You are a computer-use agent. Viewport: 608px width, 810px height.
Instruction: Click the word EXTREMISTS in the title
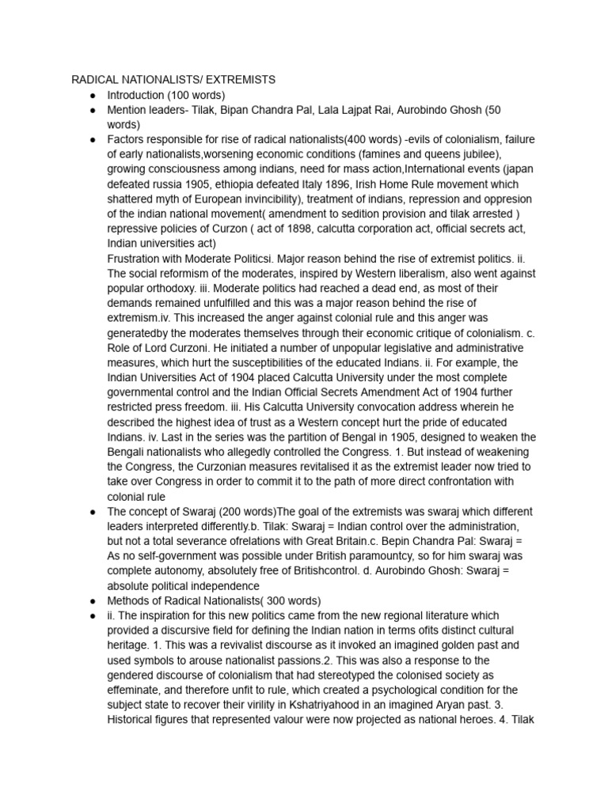pos(235,80)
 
